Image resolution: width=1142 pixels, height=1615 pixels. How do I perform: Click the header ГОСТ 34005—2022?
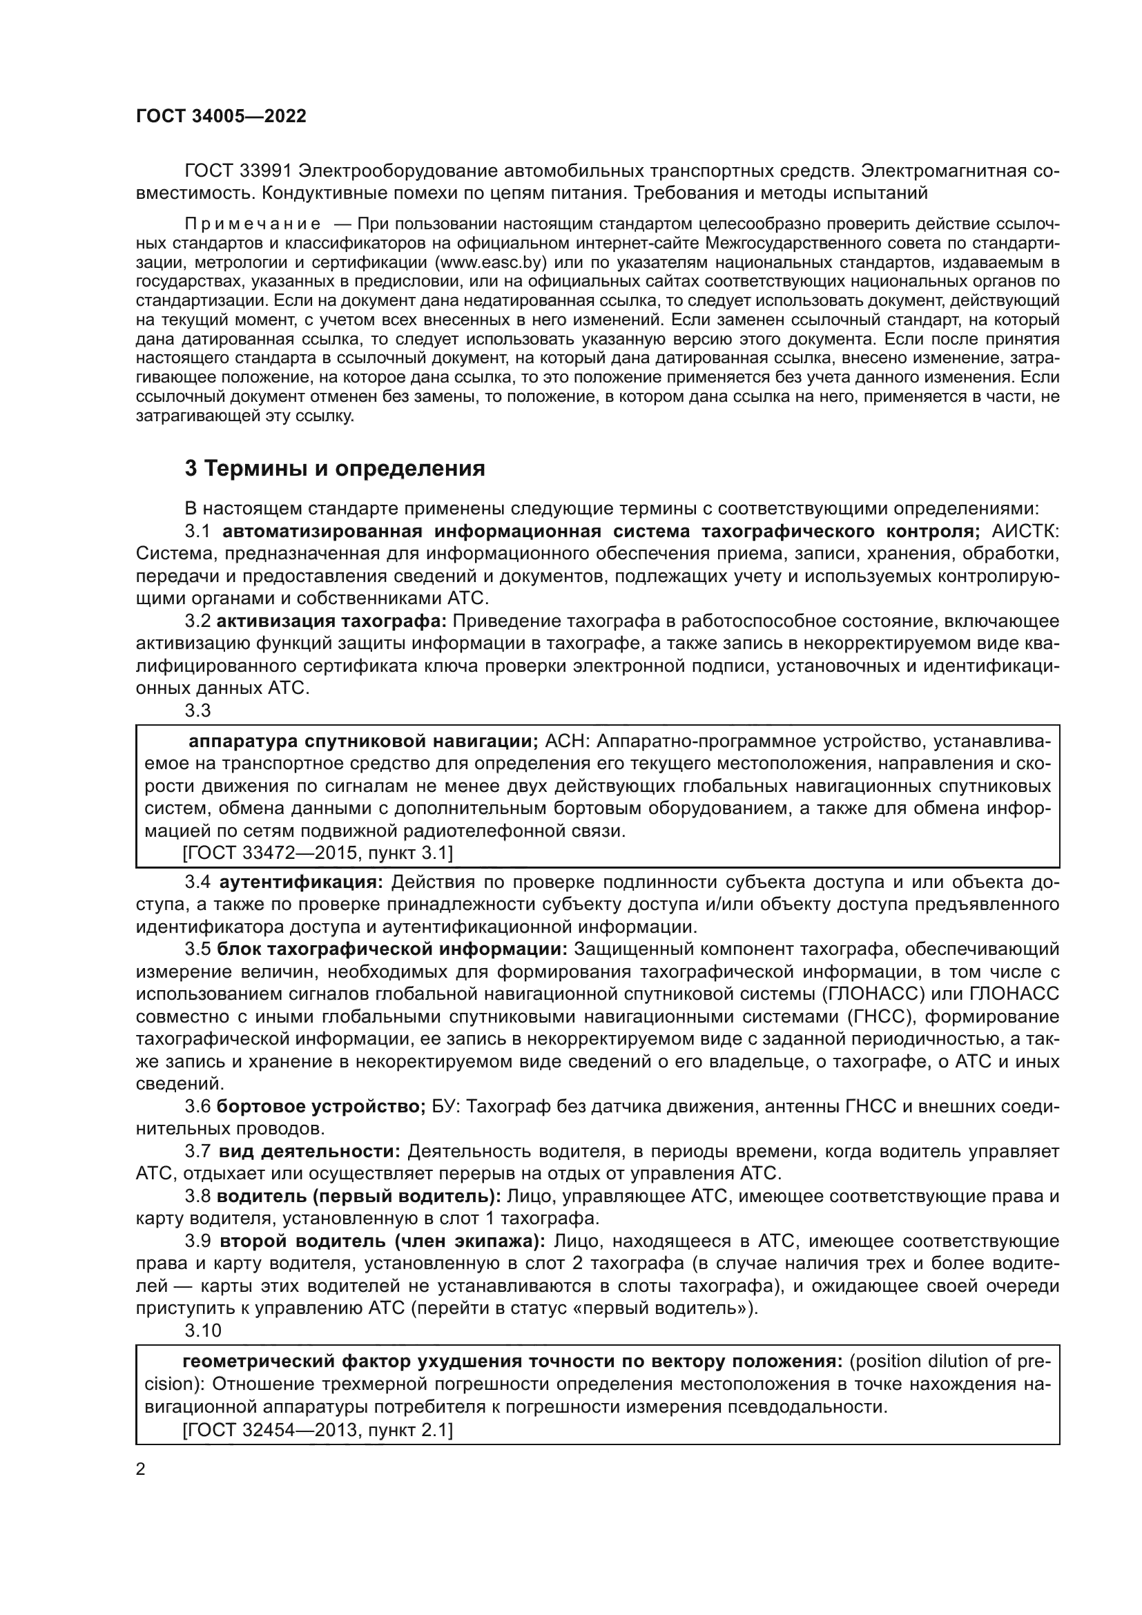click(x=221, y=117)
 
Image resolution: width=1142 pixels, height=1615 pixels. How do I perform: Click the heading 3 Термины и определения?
click(x=335, y=468)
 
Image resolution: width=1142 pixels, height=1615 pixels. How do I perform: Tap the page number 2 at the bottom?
click(x=141, y=1469)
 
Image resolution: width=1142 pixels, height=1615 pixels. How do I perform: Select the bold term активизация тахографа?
click(x=331, y=621)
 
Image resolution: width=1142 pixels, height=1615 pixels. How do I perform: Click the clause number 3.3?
click(x=197, y=710)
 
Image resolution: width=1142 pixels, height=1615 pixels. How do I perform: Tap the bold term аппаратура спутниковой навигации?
click(x=363, y=742)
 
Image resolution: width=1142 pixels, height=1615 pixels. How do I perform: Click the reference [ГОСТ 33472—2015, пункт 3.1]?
click(x=317, y=853)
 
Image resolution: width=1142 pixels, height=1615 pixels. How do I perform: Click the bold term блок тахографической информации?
click(x=391, y=949)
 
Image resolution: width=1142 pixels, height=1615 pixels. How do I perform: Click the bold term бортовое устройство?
click(x=320, y=1106)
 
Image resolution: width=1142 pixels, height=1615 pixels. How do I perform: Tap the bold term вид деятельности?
click(x=309, y=1152)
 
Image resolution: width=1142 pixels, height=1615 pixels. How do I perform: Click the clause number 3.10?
click(x=202, y=1331)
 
